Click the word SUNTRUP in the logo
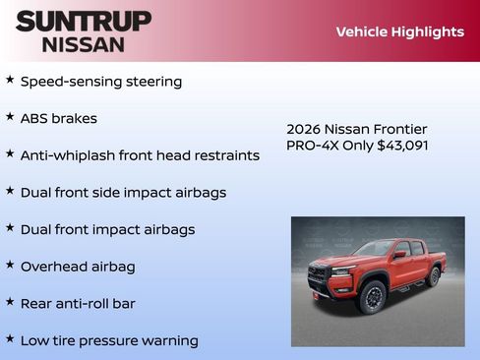pyautogui.click(x=84, y=21)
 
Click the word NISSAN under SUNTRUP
pyautogui.click(x=84, y=44)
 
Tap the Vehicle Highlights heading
pyautogui.click(x=399, y=31)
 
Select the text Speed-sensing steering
pyautogui.click(x=101, y=82)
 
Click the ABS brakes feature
pyautogui.click(x=59, y=118)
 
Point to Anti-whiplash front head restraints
pyautogui.click(x=140, y=155)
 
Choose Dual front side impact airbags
pyautogui.click(x=123, y=193)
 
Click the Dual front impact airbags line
pyautogui.click(x=107, y=229)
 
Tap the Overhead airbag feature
pyautogui.click(x=78, y=267)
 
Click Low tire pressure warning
pyautogui.click(x=109, y=340)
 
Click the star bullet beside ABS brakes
pyautogui.click(x=10, y=116)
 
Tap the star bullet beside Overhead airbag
pyautogui.click(x=10, y=265)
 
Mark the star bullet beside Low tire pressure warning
pyautogui.click(x=10, y=338)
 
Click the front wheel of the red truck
pyautogui.click(x=372, y=296)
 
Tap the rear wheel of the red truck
pyautogui.click(x=433, y=276)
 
